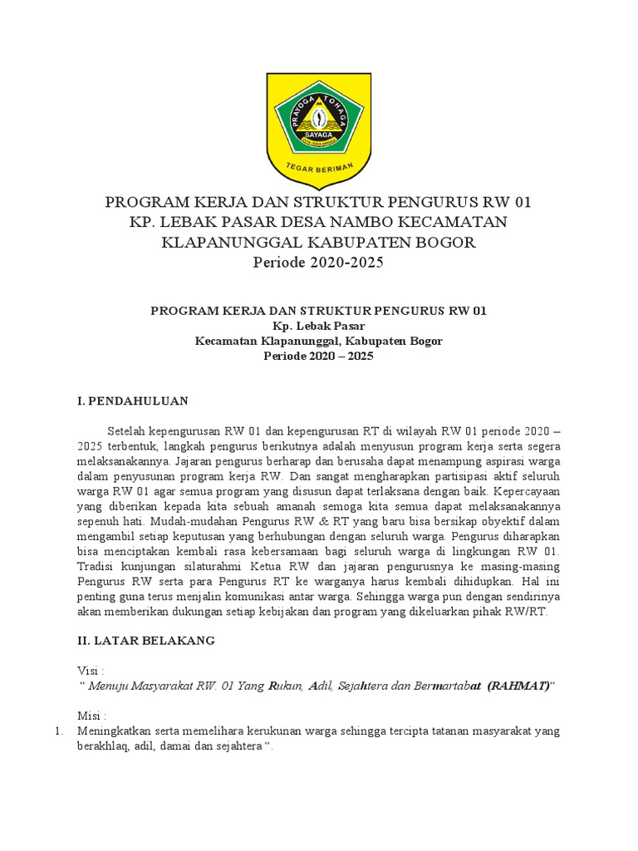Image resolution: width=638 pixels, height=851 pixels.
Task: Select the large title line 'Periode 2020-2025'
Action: click(x=318, y=263)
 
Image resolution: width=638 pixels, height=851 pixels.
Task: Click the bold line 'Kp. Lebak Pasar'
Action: click(x=318, y=326)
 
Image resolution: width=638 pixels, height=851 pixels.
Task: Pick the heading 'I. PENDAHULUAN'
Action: click(x=132, y=401)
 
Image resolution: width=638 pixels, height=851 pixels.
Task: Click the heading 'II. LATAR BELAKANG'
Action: click(x=145, y=640)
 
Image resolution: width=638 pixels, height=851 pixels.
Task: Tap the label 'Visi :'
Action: click(x=91, y=671)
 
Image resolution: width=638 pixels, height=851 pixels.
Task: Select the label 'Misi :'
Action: click(x=91, y=716)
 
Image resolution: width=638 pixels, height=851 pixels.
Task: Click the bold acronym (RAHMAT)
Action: click(x=518, y=686)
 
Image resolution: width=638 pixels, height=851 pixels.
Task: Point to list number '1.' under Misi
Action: click(x=58, y=731)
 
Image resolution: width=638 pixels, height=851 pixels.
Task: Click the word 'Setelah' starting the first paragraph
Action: click(x=129, y=431)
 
